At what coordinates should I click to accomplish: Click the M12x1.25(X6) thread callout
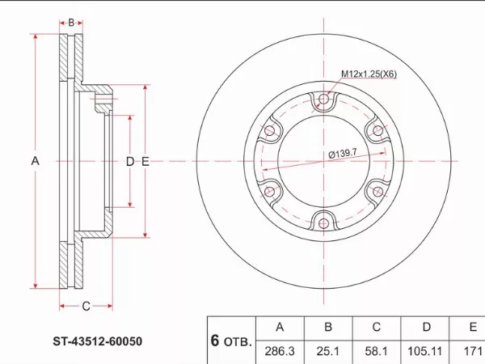point(369,74)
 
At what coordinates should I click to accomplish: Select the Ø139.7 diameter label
point(343,153)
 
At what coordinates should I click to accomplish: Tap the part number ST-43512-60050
point(98,341)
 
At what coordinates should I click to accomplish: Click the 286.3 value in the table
point(280,351)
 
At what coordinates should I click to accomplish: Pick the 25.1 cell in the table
point(328,351)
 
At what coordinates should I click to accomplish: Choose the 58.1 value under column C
point(376,351)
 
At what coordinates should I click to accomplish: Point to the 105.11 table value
point(424,351)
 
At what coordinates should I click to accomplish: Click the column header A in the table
point(280,327)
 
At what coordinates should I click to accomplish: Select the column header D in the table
point(427,327)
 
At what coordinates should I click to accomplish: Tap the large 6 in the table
point(215,341)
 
